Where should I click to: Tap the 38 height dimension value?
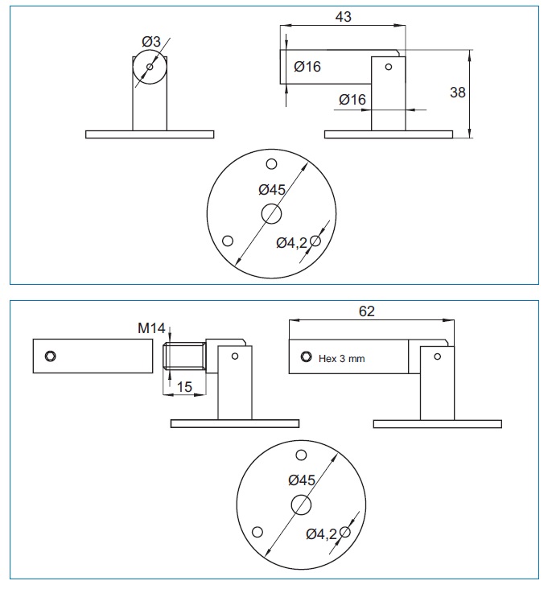[x=457, y=92]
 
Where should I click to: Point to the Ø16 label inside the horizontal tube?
[x=307, y=67]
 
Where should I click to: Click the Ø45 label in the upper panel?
[x=272, y=190]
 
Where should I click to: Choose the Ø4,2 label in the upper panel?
[x=291, y=243]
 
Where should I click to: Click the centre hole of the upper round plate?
[x=271, y=214]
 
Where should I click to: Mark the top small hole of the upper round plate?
[x=272, y=165]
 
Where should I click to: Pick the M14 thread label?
[x=151, y=327]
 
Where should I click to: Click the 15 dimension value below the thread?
[x=184, y=387]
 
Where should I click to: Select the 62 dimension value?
[x=366, y=311]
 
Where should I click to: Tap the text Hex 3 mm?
[x=342, y=359]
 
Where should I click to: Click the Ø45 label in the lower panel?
[x=302, y=480]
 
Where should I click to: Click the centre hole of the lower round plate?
[x=302, y=505]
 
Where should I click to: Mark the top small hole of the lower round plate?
[x=302, y=455]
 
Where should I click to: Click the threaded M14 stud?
[x=183, y=357]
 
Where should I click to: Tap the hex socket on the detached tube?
[x=51, y=356]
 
